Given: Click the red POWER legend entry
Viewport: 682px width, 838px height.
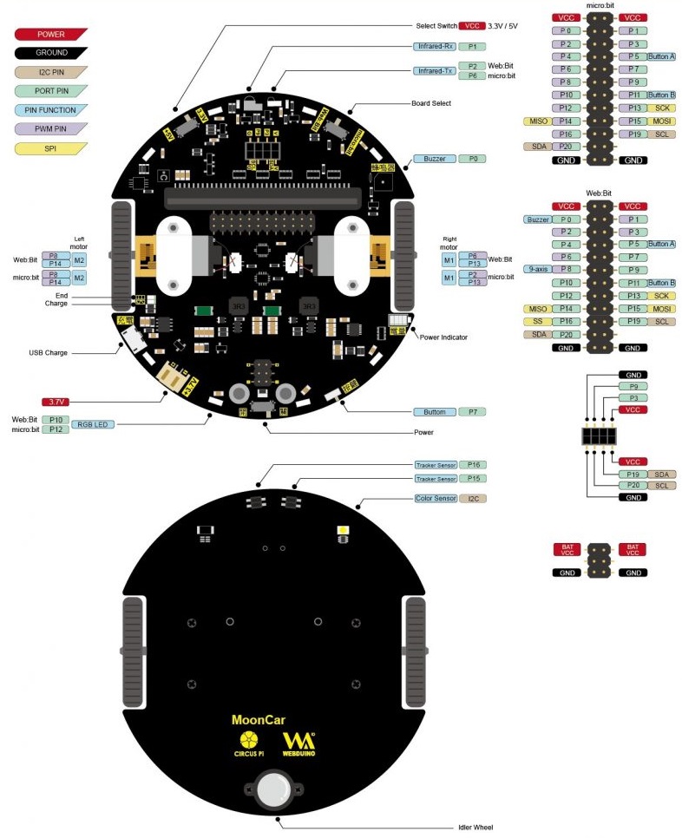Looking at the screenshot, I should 51,34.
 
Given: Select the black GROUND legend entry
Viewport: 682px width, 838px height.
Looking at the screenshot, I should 51,53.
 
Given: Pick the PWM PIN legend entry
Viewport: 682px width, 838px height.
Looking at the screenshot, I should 51,129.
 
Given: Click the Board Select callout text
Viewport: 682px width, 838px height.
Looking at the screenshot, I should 431,103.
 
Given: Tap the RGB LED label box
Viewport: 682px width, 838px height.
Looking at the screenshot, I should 93,424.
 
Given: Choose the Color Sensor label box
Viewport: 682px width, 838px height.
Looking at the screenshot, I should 435,499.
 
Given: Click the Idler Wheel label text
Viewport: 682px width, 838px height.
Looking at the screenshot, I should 475,827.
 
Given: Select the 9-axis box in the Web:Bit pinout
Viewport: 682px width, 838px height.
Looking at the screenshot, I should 535,269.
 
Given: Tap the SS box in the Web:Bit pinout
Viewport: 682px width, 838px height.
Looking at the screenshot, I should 535,322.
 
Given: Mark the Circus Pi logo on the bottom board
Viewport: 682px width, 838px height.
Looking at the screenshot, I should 248,743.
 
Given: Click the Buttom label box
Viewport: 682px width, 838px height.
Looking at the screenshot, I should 434,411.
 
